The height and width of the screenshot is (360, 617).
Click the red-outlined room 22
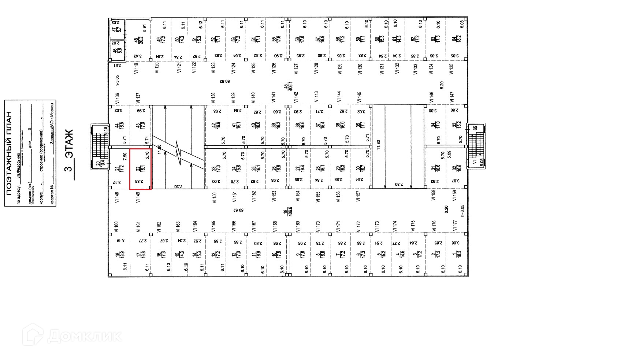coord(141,169)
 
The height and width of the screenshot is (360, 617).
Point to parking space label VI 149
coord(138,197)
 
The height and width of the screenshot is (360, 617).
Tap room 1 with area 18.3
coord(454,253)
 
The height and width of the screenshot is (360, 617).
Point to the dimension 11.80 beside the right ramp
coord(379,144)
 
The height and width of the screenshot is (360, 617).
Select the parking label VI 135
coord(451,69)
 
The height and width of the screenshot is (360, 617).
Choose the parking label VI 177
coord(454,226)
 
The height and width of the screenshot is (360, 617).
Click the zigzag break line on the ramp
coord(178,152)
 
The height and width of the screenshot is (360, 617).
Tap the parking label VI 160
coord(116,227)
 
